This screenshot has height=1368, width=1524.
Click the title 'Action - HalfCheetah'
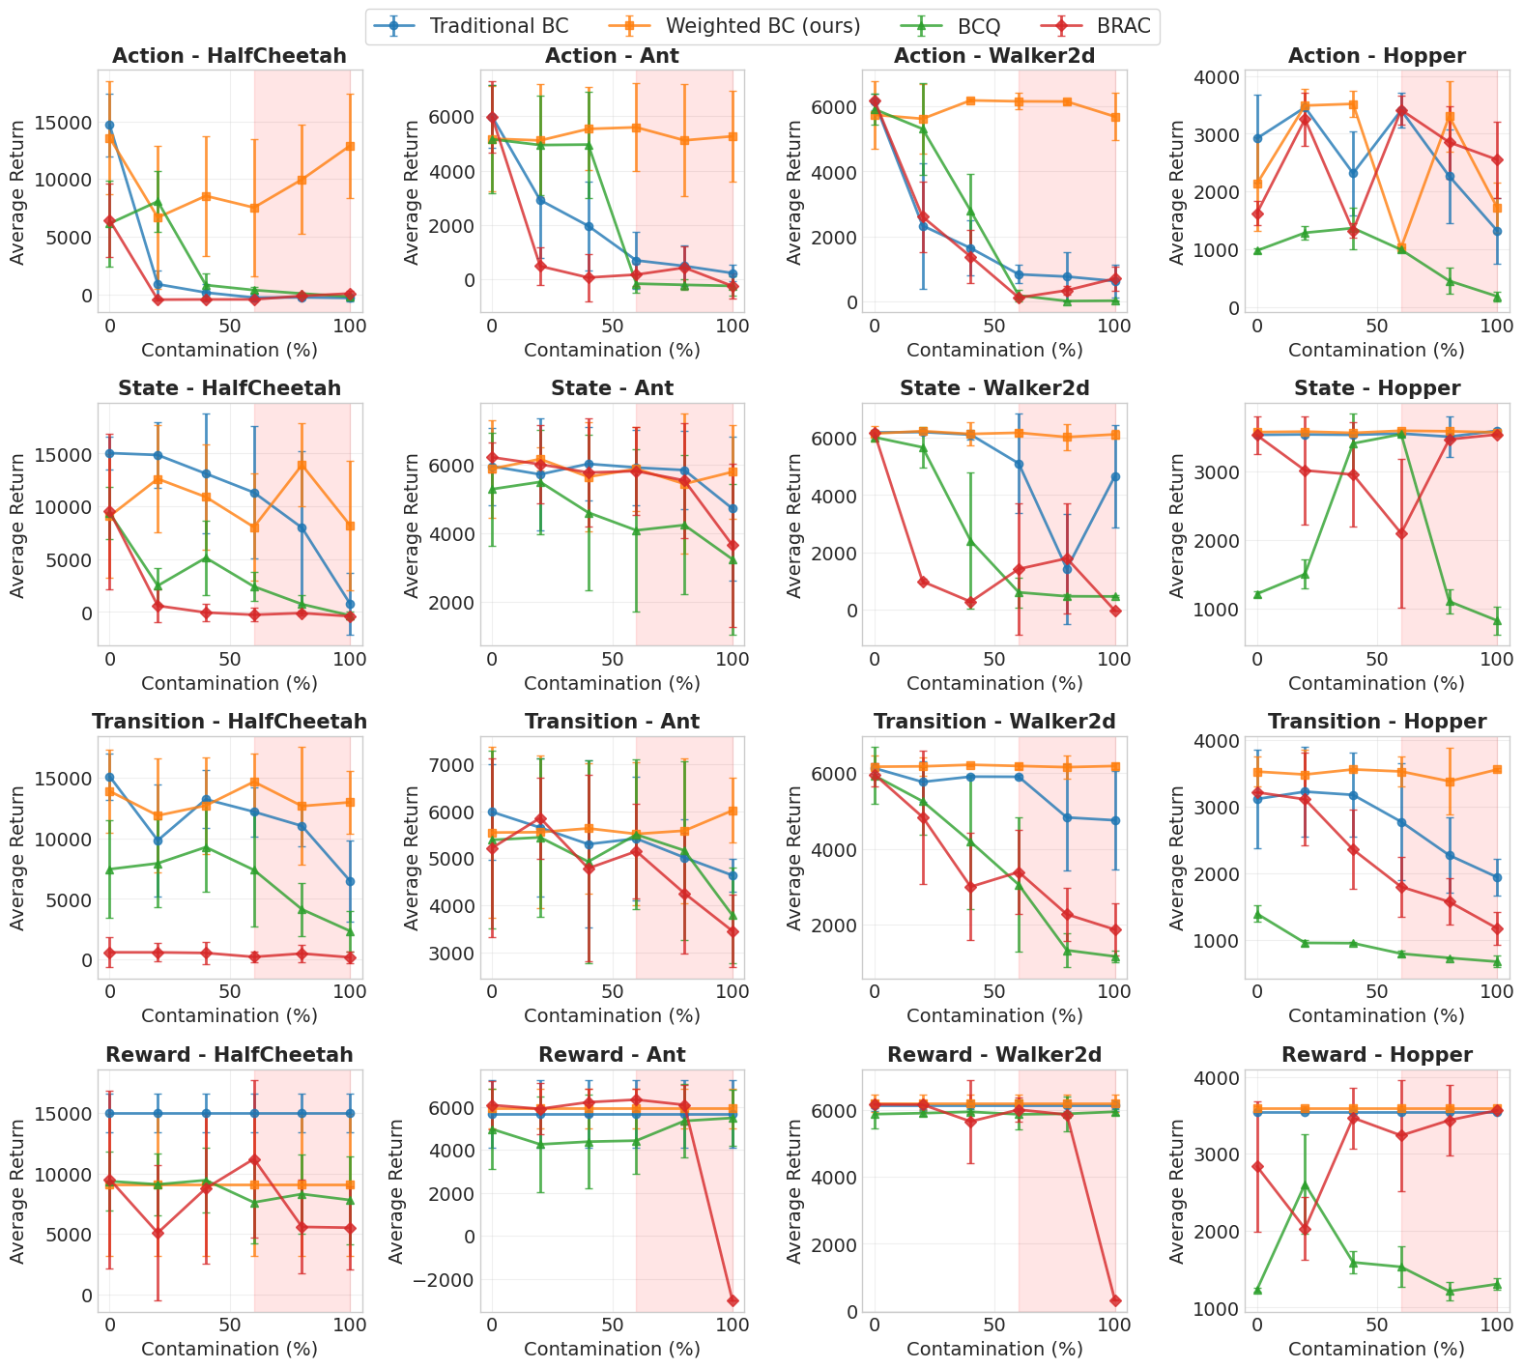229,56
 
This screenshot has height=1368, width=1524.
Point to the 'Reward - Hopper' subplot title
1376,1055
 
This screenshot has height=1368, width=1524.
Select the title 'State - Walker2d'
994,388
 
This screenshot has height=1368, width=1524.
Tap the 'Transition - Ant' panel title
612,722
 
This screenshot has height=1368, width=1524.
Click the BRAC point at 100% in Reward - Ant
733,1300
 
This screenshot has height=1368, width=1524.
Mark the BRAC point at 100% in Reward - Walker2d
1115,1300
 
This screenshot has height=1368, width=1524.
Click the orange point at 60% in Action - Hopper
1401,248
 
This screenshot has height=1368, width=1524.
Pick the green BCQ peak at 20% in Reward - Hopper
1305,1184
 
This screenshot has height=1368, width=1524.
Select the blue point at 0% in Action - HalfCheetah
109,125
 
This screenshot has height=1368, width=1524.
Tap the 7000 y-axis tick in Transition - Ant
453,765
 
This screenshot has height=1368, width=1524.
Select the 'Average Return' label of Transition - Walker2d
795,859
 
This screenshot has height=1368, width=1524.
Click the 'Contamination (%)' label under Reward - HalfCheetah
229,1349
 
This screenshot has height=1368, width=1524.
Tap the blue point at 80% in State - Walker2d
1067,569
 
